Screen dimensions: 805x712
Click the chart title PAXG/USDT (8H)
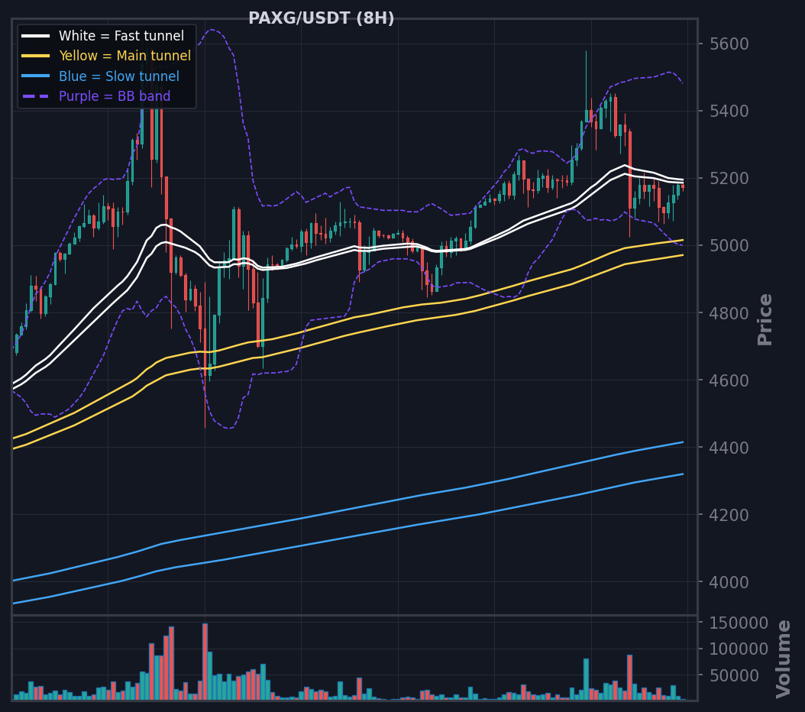[322, 18]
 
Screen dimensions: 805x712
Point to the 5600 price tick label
[729, 44]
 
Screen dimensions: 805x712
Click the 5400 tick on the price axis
[729, 111]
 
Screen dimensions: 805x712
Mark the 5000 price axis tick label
[729, 246]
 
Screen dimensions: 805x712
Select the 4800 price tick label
[729, 313]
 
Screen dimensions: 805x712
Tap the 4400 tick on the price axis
[729, 448]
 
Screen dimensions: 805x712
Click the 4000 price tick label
[729, 583]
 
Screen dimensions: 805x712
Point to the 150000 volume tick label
[739, 623]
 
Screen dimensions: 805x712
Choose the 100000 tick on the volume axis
[739, 649]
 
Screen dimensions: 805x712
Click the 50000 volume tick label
[734, 676]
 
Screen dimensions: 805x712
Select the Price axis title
[765, 319]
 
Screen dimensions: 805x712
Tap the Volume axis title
[784, 659]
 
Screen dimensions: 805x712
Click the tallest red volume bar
[205, 661]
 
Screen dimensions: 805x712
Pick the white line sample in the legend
[35, 36]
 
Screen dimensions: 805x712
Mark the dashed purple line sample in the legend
[35, 96]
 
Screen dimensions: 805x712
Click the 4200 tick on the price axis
[729, 515]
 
